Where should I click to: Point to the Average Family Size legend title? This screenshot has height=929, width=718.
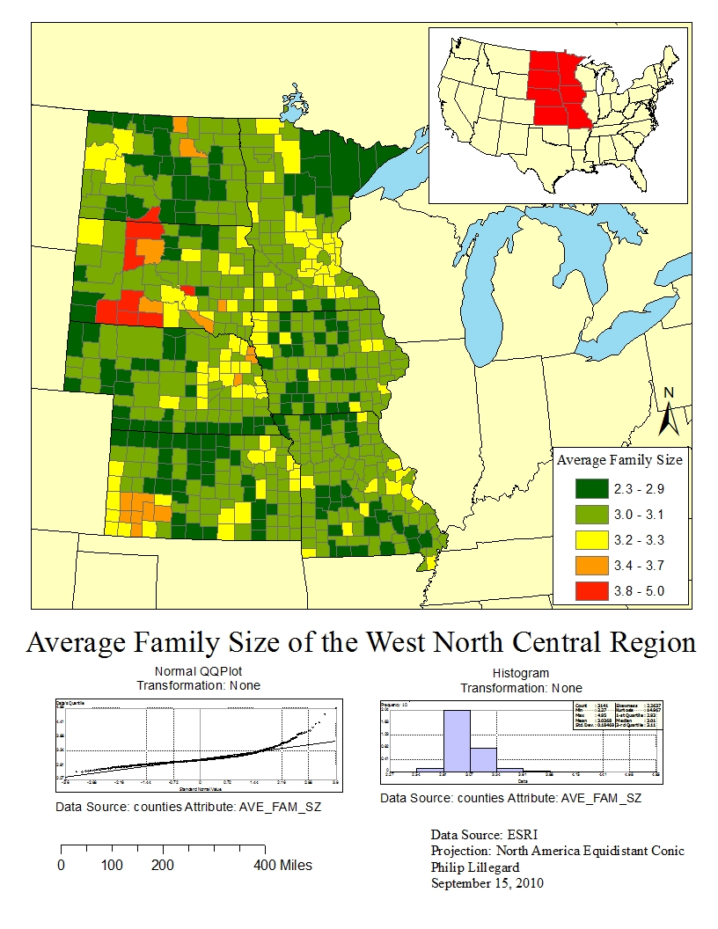click(x=620, y=459)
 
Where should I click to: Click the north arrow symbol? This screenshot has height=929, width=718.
click(x=669, y=419)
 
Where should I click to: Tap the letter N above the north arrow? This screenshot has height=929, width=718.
click(x=669, y=392)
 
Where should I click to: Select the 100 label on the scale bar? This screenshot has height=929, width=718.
click(x=112, y=866)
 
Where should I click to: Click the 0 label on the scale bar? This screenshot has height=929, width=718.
click(x=61, y=866)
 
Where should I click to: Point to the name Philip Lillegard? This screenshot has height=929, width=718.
click(x=474, y=867)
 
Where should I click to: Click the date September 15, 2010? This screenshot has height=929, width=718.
click(x=487, y=882)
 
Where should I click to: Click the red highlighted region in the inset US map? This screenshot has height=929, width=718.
click(x=558, y=89)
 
